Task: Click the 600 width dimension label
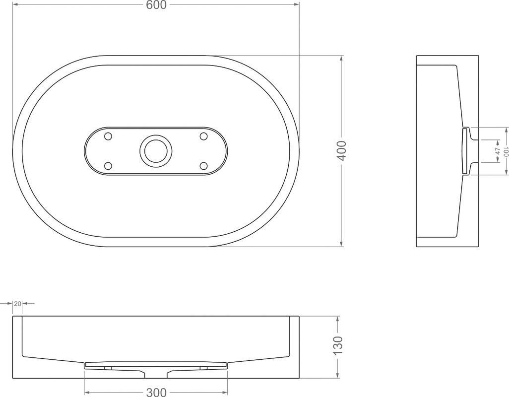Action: pos(156,5)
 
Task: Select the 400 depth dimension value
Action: pos(341,151)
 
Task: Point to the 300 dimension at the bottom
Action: pos(156,392)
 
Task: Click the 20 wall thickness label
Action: pos(18,304)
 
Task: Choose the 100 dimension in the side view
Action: pos(506,151)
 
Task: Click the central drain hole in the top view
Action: pos(154,151)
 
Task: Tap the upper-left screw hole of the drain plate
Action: pos(108,136)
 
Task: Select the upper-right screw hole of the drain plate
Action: pos(203,136)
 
